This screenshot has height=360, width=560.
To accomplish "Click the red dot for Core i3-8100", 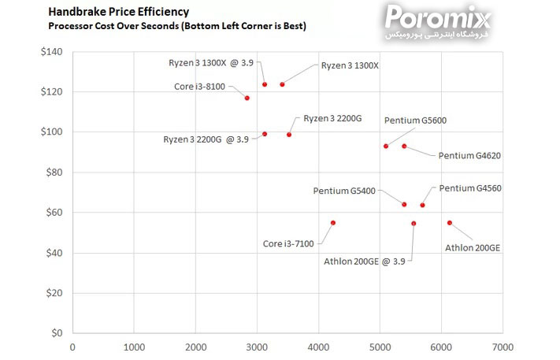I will pyautogui.click(x=247, y=98).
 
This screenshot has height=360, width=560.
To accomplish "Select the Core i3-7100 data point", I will pyautogui.click(x=333, y=223).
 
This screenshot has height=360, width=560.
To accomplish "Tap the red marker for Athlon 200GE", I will pyautogui.click(x=450, y=223).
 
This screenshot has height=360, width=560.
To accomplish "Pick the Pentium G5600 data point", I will pyautogui.click(x=386, y=146).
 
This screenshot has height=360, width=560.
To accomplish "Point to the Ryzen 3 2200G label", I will pyautogui.click(x=332, y=118).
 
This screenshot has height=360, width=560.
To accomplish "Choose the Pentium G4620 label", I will pyautogui.click(x=469, y=156).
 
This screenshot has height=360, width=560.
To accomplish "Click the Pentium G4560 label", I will pyautogui.click(x=470, y=188).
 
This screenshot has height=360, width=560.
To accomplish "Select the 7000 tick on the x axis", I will pyautogui.click(x=503, y=346).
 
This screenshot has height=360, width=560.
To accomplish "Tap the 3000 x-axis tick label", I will pyautogui.click(x=257, y=346).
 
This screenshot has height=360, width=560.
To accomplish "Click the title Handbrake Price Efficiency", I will pyautogui.click(x=118, y=12).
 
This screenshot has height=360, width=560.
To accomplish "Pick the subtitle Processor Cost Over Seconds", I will pyautogui.click(x=177, y=26).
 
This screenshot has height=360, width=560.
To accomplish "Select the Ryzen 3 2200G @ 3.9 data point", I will pyautogui.click(x=265, y=134).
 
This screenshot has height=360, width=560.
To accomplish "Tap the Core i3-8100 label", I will pyautogui.click(x=200, y=87).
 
